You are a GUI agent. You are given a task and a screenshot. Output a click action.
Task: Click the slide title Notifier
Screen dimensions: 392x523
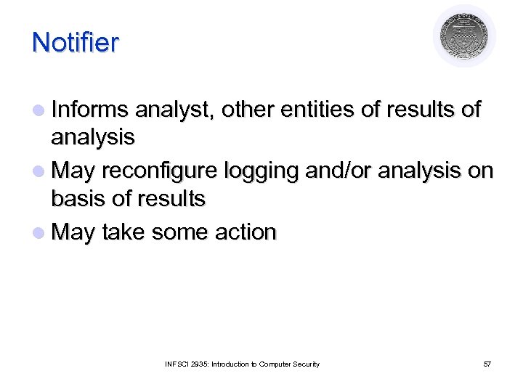click(75, 42)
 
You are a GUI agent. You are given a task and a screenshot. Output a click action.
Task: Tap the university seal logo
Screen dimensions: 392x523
click(464, 36)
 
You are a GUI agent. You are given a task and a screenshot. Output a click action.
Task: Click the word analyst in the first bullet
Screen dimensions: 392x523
click(174, 110)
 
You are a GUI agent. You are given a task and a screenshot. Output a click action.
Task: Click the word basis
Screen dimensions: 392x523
click(78, 197)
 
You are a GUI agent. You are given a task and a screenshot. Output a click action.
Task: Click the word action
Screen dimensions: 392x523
click(246, 232)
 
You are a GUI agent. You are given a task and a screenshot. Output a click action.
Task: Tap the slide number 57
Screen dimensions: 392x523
click(487, 364)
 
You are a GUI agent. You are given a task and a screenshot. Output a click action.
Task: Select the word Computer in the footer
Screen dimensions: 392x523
click(277, 364)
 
